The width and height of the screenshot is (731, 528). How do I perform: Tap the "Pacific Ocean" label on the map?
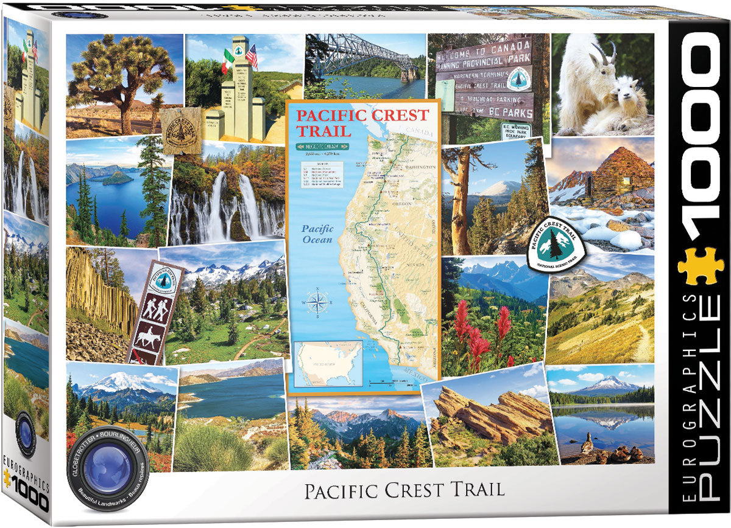tap(317, 234)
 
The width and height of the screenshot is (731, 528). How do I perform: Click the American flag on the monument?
tap(252, 56)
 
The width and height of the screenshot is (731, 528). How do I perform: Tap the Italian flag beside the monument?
tap(227, 60)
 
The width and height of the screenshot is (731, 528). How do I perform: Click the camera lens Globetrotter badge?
tap(96, 472)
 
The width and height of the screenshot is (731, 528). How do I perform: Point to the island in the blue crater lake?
tap(117, 178)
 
